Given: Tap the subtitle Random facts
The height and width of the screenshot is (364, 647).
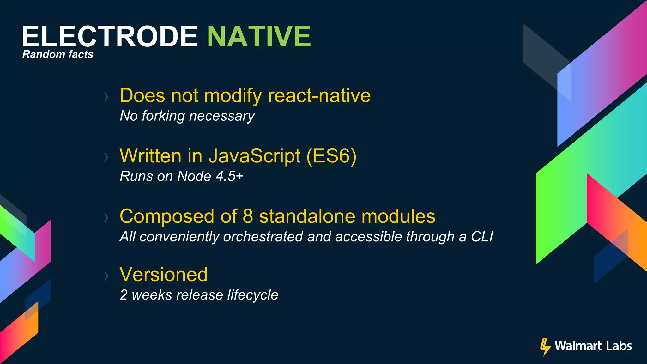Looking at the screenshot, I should click(58, 54).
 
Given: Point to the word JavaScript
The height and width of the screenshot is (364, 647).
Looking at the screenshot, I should click(254, 156).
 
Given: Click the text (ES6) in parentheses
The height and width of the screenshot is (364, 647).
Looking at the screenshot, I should click(331, 156).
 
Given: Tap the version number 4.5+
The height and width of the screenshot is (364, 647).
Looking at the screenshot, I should click(229, 176).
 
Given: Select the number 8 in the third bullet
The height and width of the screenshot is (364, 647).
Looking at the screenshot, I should click(248, 216).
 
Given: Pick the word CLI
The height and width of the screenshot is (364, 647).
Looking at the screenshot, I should click(482, 237).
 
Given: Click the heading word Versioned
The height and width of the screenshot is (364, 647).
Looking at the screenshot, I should click(164, 274).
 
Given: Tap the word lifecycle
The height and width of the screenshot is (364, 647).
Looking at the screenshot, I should click(253, 295).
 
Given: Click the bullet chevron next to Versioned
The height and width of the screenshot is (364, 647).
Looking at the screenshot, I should click(106, 276).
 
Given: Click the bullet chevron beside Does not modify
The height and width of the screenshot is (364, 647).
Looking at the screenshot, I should click(106, 97).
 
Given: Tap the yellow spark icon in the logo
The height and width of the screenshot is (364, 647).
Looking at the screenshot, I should click(545, 347).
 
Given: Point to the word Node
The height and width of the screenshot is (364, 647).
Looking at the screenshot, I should click(194, 176).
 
